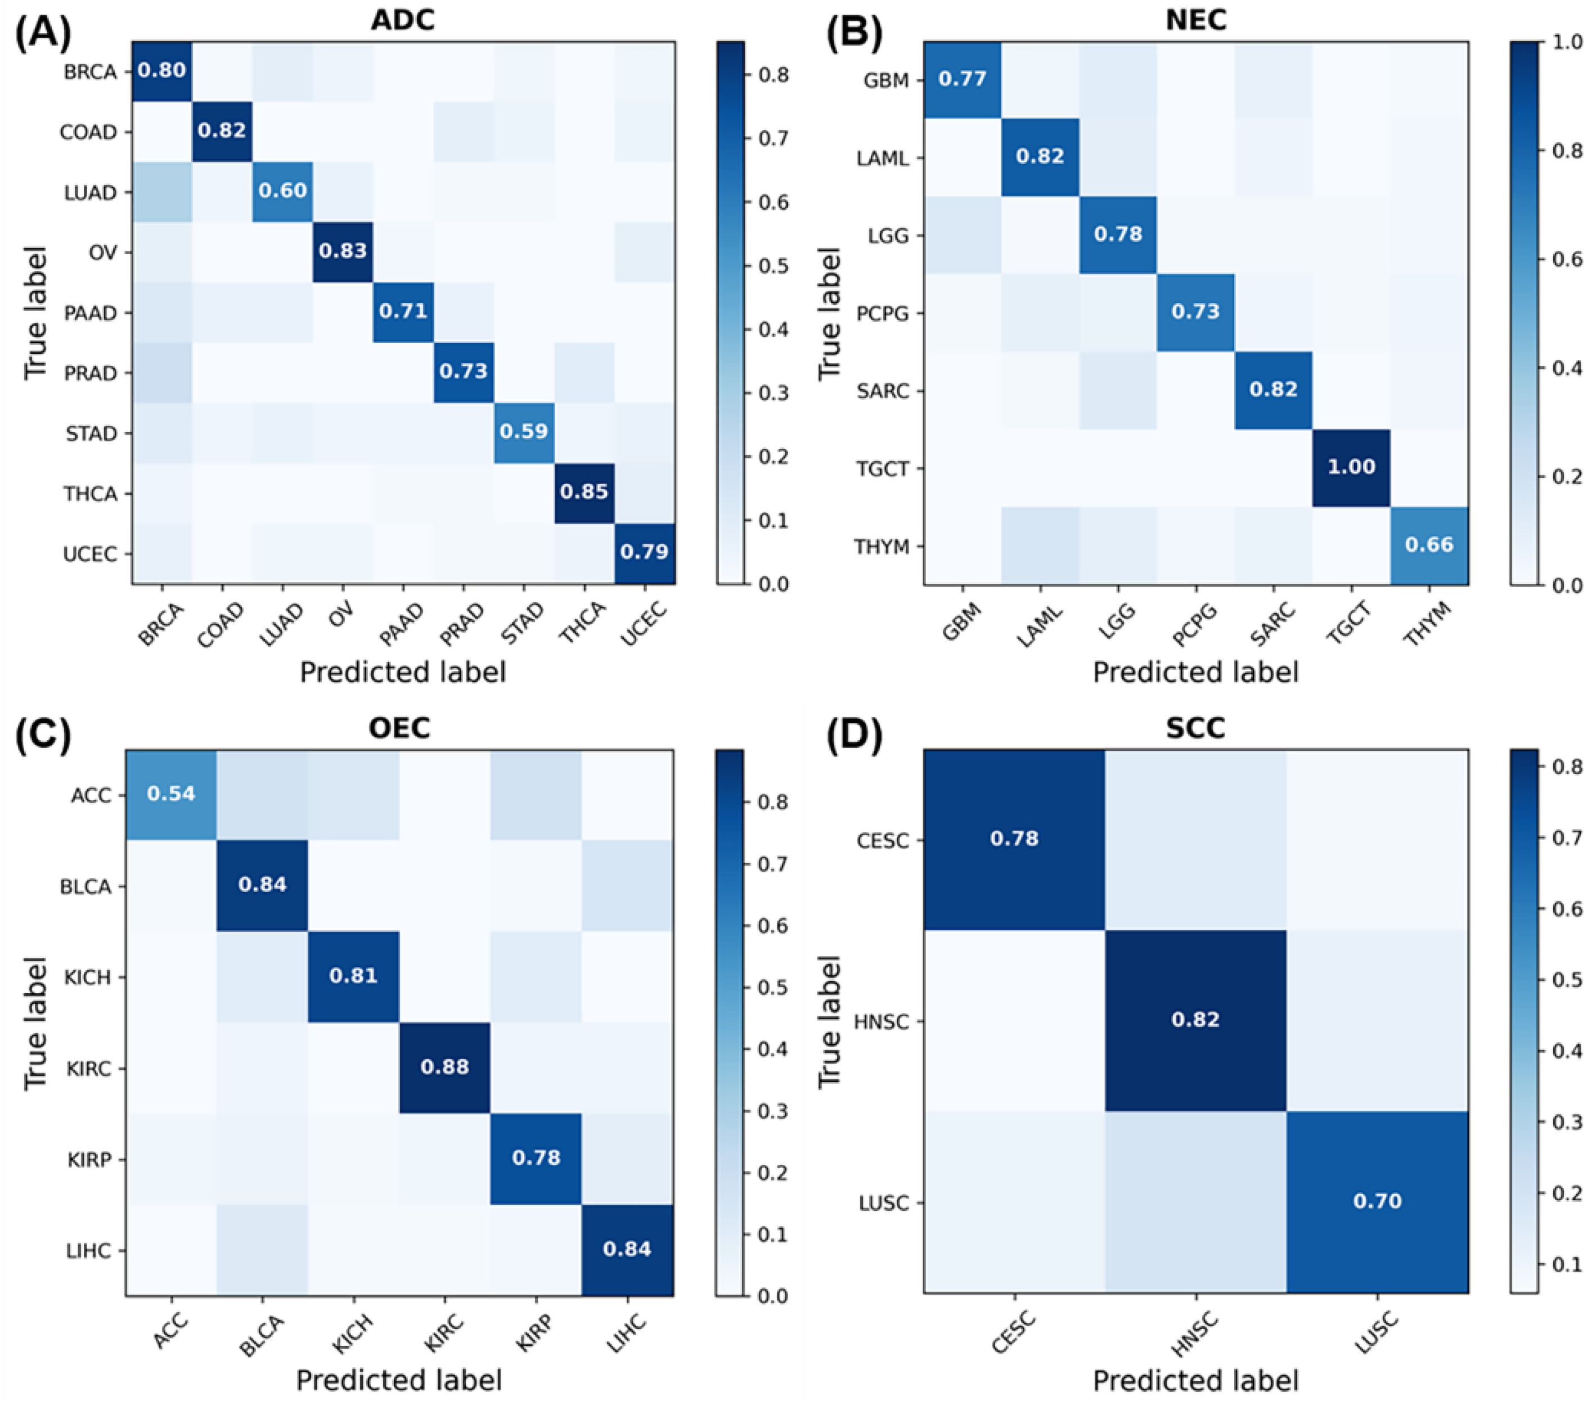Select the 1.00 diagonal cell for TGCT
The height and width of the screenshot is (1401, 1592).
point(1351,467)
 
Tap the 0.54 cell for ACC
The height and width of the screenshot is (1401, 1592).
point(172,794)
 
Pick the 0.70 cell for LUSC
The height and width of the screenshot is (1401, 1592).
point(1377,1202)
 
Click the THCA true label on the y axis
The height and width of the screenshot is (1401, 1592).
point(91,494)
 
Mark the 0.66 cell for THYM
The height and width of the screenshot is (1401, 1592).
point(1429,545)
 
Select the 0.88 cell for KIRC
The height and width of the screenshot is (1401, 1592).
point(445,1067)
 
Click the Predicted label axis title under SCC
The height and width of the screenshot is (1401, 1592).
point(1195,1381)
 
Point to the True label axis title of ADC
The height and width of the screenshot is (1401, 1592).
point(35,313)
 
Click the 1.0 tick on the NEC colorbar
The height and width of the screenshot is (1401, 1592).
point(1567,42)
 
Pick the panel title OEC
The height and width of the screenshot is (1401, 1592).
point(399,728)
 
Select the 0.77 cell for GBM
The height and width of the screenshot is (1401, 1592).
point(963,79)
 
